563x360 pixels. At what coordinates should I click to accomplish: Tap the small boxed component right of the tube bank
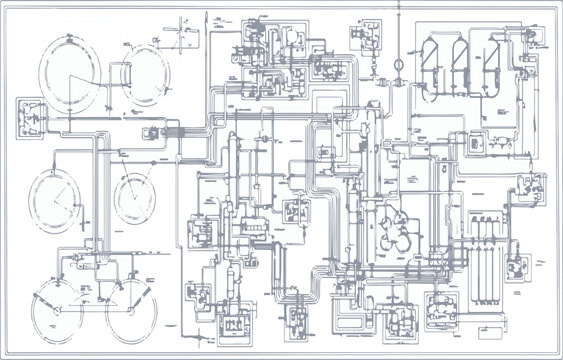(518, 266)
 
